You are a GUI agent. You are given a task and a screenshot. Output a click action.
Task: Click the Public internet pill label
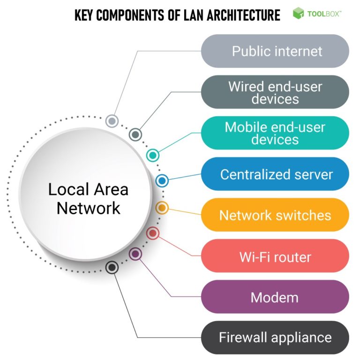[x=275, y=51]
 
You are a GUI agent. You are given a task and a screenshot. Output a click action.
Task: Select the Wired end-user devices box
[x=275, y=92]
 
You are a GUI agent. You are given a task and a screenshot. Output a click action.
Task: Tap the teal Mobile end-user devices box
[x=275, y=133]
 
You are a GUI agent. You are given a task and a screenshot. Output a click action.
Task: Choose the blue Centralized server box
[x=275, y=174]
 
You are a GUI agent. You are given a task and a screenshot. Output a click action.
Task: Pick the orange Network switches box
[x=275, y=215]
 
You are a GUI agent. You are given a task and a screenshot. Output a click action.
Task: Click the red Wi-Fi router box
[x=275, y=256]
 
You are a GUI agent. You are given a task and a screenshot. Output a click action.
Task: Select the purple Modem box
[x=275, y=297]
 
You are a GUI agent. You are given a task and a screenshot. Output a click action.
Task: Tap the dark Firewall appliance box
[x=275, y=338]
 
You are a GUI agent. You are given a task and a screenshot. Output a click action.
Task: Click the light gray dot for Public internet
[x=112, y=121]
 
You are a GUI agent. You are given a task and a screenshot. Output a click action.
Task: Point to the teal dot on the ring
[x=152, y=155]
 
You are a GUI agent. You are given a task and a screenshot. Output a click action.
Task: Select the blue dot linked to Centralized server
[x=162, y=180]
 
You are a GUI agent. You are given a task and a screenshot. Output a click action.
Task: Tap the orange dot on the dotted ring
[x=162, y=207]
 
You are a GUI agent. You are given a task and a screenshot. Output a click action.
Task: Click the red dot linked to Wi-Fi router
[x=153, y=233]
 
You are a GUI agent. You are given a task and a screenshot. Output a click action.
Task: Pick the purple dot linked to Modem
[x=135, y=254]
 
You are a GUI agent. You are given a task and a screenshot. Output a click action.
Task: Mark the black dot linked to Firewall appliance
[x=112, y=268]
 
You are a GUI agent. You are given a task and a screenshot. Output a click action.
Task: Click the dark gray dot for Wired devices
[x=135, y=135]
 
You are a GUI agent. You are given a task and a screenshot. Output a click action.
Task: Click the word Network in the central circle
[x=89, y=208]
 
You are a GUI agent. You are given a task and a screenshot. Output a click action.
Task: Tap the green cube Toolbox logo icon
[x=298, y=14]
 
